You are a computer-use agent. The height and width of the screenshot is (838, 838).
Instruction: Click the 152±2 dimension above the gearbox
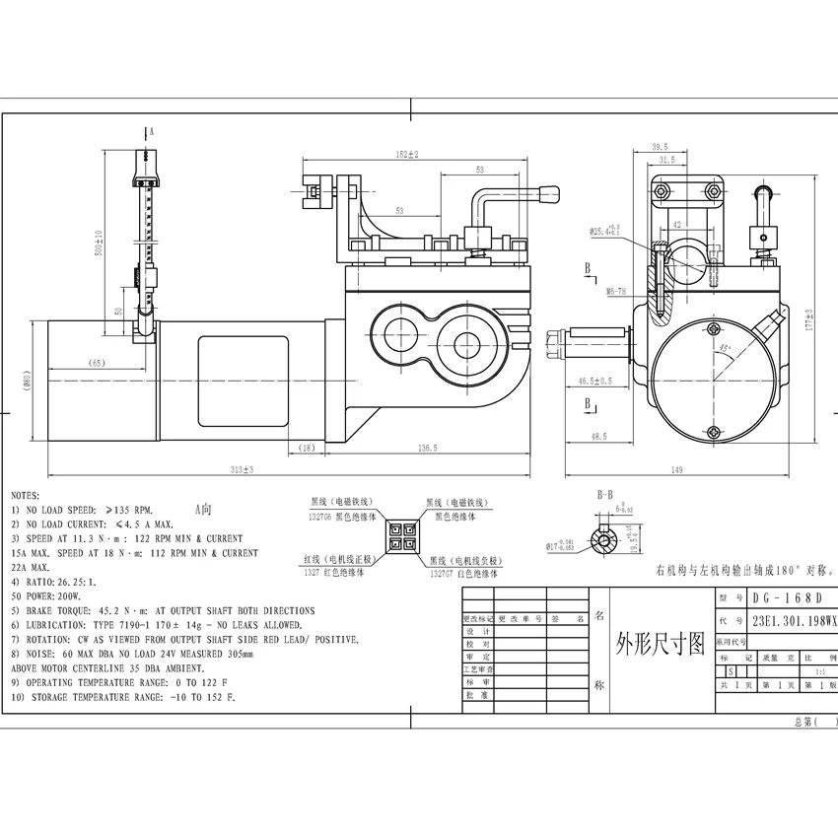pyautogui.click(x=407, y=155)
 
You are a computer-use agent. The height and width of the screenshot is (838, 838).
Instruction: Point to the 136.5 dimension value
pyautogui.click(x=427, y=449)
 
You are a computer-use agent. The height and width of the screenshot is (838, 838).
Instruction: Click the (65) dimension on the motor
pyautogui.click(x=97, y=363)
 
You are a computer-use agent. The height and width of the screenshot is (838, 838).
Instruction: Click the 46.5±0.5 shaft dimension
pyautogui.click(x=595, y=381)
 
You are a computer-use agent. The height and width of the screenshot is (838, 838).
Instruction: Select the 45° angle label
pyautogui.click(x=726, y=349)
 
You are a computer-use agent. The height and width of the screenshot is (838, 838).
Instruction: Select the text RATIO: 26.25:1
pyautogui.click(x=61, y=582)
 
